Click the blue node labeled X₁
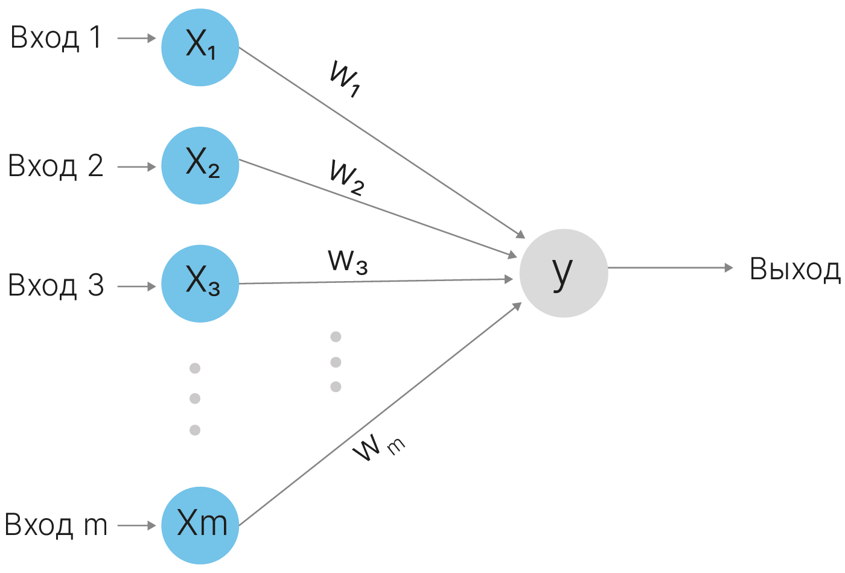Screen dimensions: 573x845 pyautogui.click(x=200, y=47)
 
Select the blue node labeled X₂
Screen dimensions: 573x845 pyautogui.click(x=200, y=165)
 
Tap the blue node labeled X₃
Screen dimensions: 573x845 pyautogui.click(x=200, y=283)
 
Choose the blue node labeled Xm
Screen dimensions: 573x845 pyautogui.click(x=200, y=525)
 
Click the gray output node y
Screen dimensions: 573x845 pyautogui.click(x=563, y=273)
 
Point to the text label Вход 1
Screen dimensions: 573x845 pyautogui.click(x=56, y=39)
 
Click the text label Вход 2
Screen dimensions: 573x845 pyautogui.click(x=56, y=166)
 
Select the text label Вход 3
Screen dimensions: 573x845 pyautogui.click(x=56, y=285)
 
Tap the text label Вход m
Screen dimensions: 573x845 pyautogui.click(x=56, y=525)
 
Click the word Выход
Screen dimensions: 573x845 pyautogui.click(x=795, y=270)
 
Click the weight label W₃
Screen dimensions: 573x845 pyautogui.click(x=348, y=261)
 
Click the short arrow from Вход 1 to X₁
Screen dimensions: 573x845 pyautogui.click(x=136, y=39)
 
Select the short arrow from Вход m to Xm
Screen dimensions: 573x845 pyautogui.click(x=136, y=525)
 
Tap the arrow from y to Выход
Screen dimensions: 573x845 pyautogui.click(x=670, y=267)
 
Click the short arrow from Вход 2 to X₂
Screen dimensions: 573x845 pyautogui.click(x=136, y=166)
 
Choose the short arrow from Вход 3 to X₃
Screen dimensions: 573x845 pyautogui.click(x=136, y=286)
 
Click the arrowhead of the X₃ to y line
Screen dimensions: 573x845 pyautogui.click(x=508, y=279)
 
